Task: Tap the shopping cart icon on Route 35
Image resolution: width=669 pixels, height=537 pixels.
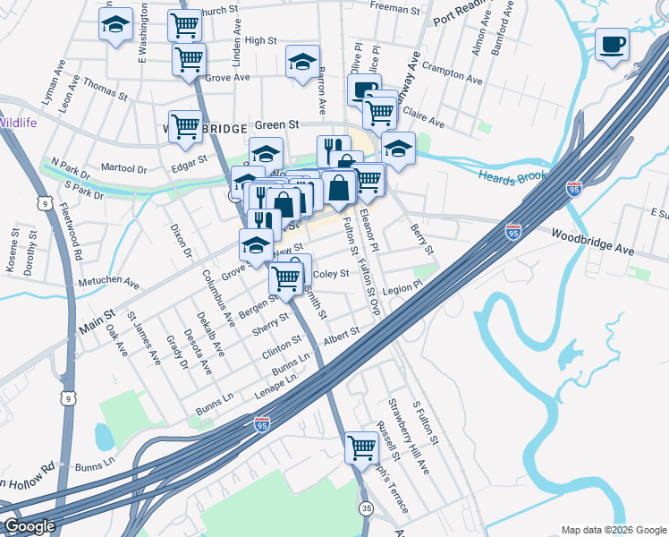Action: [x=361, y=446]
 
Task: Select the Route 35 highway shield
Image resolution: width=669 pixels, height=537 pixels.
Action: [x=367, y=507]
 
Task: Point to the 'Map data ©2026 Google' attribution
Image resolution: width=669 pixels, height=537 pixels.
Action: [x=614, y=530]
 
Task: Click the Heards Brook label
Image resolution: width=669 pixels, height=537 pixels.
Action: [x=512, y=176]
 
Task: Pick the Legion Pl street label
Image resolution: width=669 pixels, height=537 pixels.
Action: [x=402, y=292]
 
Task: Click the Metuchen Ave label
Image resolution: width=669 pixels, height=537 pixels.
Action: [x=108, y=283]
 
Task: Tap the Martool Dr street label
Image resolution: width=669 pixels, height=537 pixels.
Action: [x=123, y=167]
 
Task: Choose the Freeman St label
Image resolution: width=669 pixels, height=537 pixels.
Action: [x=395, y=11]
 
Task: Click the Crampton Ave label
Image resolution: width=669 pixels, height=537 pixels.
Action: [x=445, y=68]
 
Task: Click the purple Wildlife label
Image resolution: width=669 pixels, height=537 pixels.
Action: [x=18, y=123]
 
